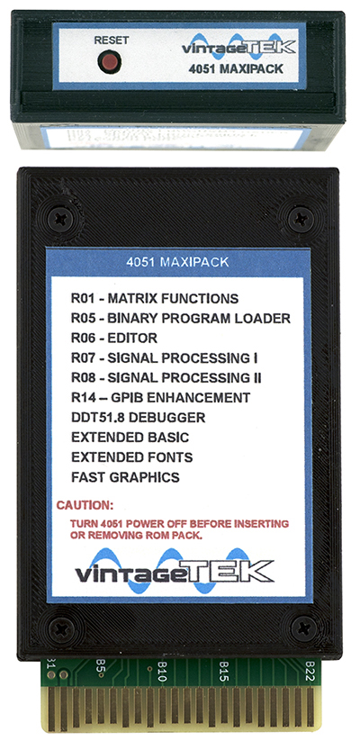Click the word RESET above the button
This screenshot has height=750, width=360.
coord(111,41)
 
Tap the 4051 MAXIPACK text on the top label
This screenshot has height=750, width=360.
coord(236,68)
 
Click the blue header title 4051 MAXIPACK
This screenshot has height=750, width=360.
coord(177,262)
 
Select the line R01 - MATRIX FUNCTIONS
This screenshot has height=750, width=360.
coord(155,299)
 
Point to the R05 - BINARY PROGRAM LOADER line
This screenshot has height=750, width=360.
coord(181,318)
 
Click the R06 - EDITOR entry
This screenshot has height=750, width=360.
coord(114,339)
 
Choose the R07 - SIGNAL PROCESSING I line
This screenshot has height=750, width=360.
coord(165,357)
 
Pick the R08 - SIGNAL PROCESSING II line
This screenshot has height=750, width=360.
coord(166,378)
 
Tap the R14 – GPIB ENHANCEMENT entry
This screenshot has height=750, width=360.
coord(160,397)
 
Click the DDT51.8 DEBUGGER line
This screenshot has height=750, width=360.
coord(139,418)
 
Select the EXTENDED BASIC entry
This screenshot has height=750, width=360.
coord(130,438)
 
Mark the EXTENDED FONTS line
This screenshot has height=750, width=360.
coord(132,457)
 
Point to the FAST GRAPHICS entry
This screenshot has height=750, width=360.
coord(125,477)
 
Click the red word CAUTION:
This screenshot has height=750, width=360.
coord(85,505)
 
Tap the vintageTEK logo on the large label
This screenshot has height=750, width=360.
coord(175,571)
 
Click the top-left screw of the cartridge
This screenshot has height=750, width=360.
coord(60,220)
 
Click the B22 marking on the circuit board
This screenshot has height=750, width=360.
coord(310,671)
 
